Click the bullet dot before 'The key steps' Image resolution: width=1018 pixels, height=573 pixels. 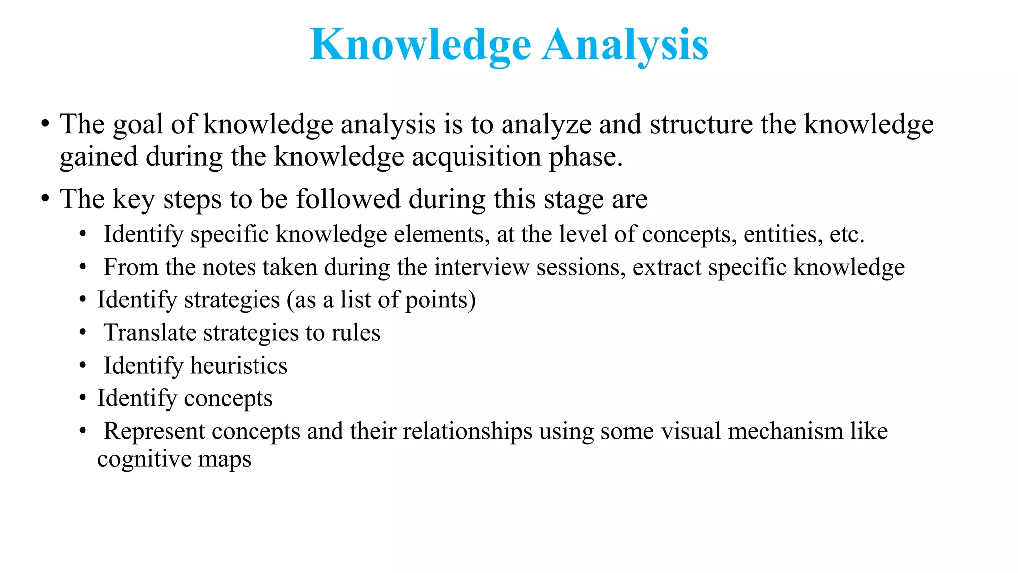(45, 199)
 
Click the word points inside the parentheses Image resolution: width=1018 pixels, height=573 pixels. (437, 300)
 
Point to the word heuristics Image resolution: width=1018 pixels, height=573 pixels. (239, 366)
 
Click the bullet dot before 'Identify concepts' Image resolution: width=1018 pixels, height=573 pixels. (83, 398)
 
